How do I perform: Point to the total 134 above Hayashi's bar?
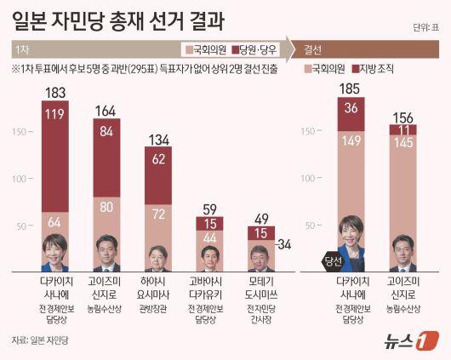pyautogui.click(x=160, y=140)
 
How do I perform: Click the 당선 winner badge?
pyautogui.click(x=333, y=261)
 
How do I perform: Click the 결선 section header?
pyautogui.click(x=314, y=49)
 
